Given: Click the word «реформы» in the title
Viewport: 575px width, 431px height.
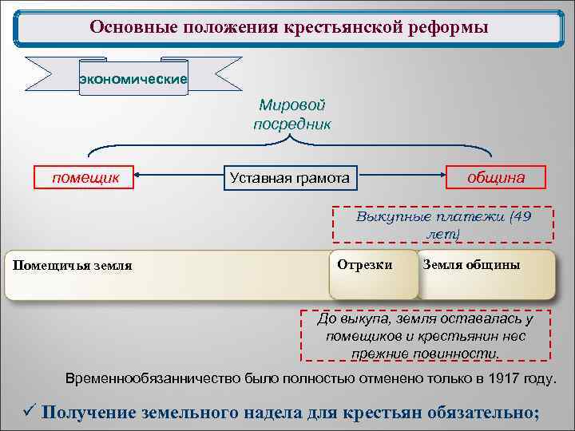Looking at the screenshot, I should point(447,28).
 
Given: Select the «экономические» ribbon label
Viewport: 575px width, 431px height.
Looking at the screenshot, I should point(133,78).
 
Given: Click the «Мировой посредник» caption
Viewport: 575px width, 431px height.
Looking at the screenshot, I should point(291,115).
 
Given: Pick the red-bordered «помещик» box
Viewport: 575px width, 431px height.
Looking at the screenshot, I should point(85,177).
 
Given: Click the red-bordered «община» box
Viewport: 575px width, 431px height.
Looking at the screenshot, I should point(496,177).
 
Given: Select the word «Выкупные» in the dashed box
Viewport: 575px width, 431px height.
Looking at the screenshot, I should point(388,216).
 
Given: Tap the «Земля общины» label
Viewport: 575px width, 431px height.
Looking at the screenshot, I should point(471,264).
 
